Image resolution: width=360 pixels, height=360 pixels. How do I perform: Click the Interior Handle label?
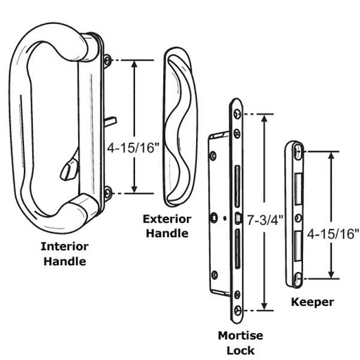coord(65,254)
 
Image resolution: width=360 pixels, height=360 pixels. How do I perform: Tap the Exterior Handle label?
coord(167,226)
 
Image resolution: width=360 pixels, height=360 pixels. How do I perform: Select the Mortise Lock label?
coord(240,343)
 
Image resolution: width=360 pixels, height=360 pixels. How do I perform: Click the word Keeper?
coord(312,302)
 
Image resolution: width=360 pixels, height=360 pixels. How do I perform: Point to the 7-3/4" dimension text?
coord(265,220)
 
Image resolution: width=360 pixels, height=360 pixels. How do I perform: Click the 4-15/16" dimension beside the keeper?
coord(333,233)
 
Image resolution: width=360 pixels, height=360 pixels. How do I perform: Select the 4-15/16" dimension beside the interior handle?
coord(133,148)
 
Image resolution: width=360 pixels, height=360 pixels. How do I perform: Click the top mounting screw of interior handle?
coord(108,60)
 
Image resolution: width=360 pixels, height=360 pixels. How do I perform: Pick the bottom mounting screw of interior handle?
coord(108,193)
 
